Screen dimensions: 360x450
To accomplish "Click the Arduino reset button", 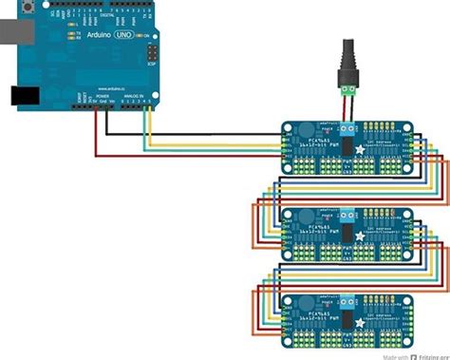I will coord(30,9).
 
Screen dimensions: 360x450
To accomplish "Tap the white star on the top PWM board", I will coord(359,153).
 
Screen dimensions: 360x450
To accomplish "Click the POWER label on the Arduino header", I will coord(102,96).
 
